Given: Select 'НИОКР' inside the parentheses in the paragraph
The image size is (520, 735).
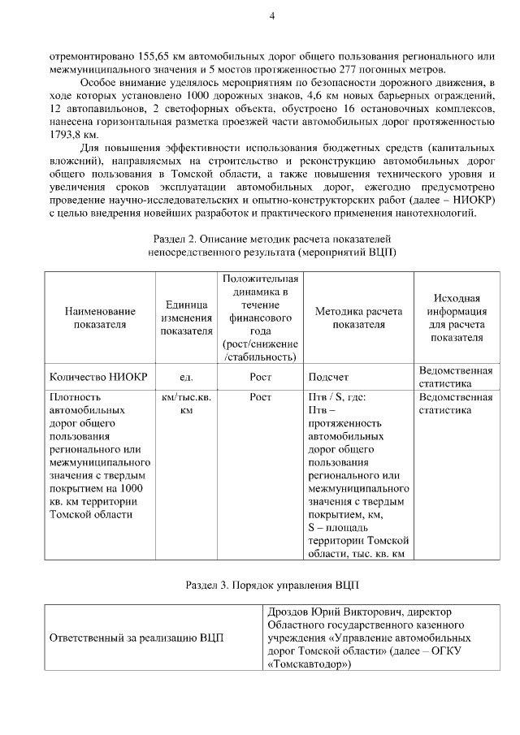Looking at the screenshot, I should (478, 200).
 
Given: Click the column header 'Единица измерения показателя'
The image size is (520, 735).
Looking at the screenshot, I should (186, 317).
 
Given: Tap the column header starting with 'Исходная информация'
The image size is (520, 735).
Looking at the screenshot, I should (456, 318).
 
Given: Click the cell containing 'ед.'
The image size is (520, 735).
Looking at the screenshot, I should (186, 377).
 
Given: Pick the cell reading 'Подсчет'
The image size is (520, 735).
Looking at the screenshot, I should (327, 377).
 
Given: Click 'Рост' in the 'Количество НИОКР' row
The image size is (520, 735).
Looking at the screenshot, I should (260, 377).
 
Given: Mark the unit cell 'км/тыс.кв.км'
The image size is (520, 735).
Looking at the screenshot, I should (186, 404).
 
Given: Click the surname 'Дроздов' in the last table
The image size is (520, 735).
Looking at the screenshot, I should (288, 611).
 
